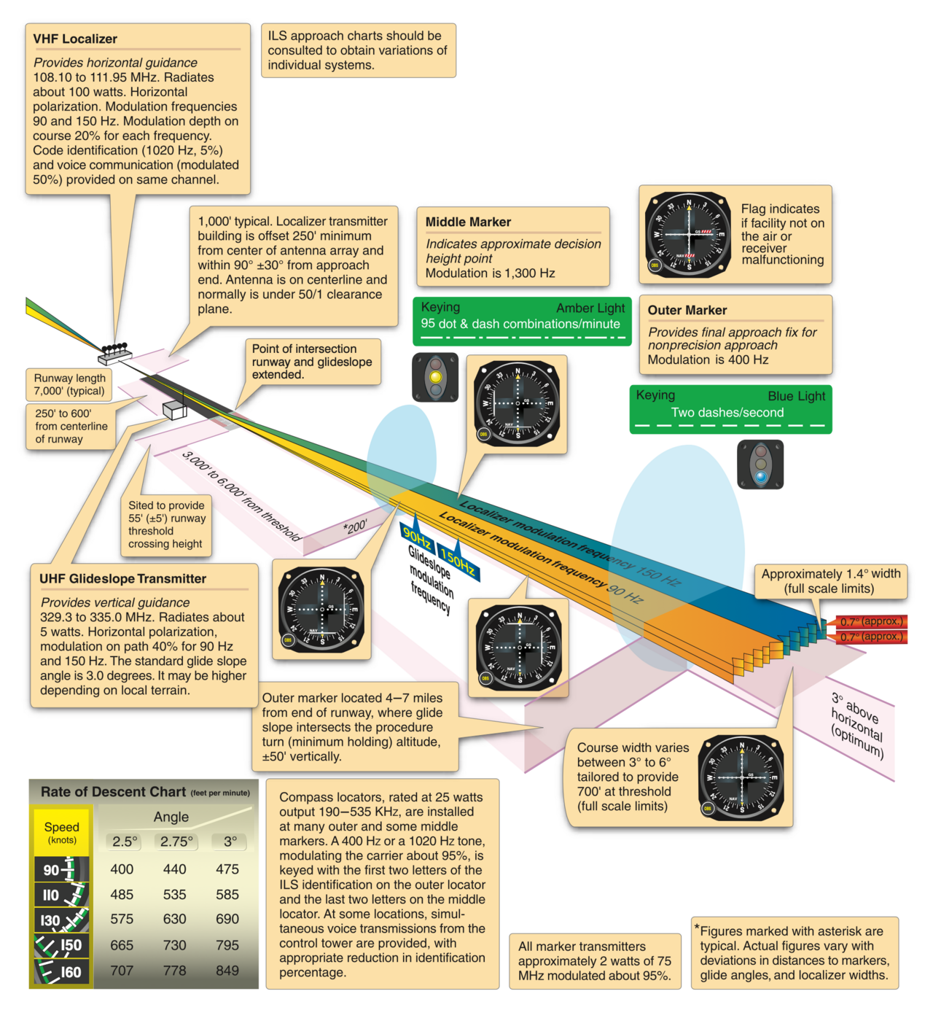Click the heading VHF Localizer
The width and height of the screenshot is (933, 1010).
point(75,39)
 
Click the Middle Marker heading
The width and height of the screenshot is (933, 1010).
point(468,222)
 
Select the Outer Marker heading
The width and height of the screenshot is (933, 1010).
point(687,310)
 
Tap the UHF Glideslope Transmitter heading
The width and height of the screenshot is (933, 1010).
point(122,578)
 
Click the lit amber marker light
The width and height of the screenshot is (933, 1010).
point(435,377)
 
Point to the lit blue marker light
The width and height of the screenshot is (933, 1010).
point(761,476)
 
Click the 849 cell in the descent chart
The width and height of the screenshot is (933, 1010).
point(227,970)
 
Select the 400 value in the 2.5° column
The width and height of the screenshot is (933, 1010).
point(122,869)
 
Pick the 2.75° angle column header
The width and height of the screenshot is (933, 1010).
point(176,841)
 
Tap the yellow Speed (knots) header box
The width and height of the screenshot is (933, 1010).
point(61,832)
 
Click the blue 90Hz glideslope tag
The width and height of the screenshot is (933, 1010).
point(417,535)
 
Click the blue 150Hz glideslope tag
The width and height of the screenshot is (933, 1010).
point(458,561)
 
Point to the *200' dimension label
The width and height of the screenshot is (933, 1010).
point(355,527)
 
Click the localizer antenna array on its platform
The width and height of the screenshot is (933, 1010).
point(115,353)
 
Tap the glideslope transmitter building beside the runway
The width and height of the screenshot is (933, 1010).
point(174,410)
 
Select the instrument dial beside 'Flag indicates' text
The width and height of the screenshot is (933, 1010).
point(688,234)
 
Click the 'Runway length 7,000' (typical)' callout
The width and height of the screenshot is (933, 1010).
point(69,384)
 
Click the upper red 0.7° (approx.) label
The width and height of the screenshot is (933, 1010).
point(871,621)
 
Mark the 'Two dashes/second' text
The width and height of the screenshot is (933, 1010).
point(727,412)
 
